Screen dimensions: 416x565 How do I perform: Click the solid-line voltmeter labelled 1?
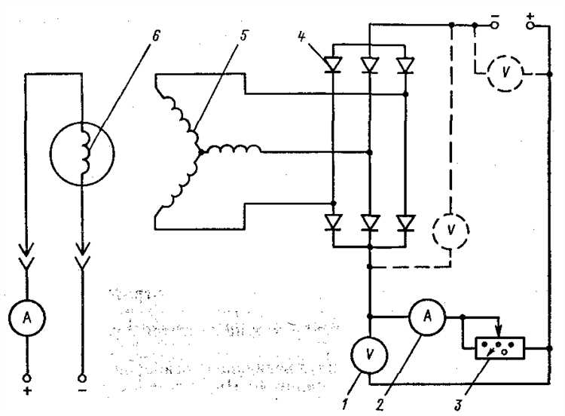[370, 353]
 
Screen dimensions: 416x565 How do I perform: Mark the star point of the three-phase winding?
[200, 151]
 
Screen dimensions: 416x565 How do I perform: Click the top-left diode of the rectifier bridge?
[333, 66]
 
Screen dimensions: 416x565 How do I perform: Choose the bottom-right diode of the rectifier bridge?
[406, 224]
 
